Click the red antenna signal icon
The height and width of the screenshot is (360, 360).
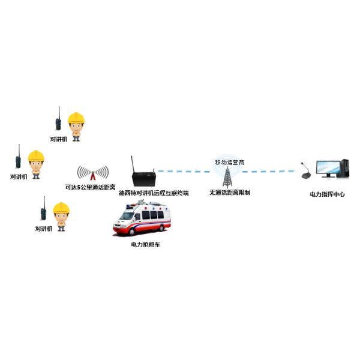[x=92, y=174]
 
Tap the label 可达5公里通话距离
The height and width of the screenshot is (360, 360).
[x=90, y=187]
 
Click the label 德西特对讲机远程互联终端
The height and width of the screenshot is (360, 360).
[x=154, y=193]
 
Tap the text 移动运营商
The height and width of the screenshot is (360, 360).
[x=229, y=162]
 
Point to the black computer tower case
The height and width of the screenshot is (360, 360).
[x=344, y=169]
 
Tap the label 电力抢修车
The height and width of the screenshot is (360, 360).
[x=145, y=245]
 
